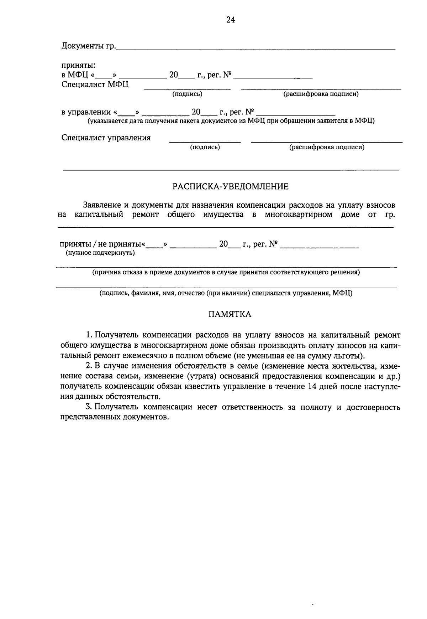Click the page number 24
coord(231,20)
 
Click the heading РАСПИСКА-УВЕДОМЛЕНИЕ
coord(230,187)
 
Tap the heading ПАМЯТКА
coord(230,314)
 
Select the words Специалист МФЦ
coord(95,84)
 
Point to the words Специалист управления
coord(106,138)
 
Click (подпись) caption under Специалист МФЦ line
coord(187,94)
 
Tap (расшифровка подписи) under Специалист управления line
coord(327,147)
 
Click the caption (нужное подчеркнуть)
coord(100,253)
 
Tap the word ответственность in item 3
coord(253,407)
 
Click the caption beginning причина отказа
coord(226,273)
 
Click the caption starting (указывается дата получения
coord(231,121)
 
